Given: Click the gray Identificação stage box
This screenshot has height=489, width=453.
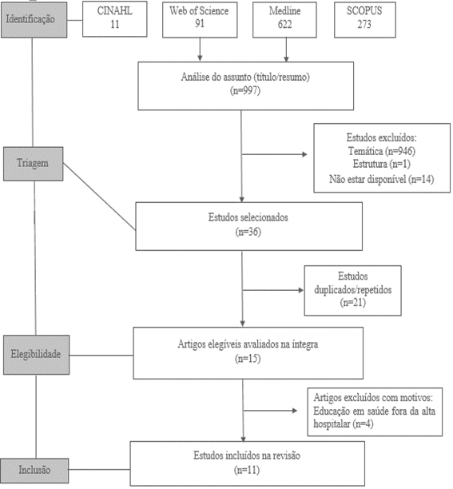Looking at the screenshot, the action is coord(34,20).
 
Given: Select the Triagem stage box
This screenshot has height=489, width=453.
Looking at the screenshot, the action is coord(33,164).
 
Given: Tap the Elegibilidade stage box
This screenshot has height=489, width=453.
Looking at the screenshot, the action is coord(36,355).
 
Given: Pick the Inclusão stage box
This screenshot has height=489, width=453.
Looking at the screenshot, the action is coord(34,471).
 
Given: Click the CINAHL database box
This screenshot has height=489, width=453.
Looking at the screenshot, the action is coord(115,19).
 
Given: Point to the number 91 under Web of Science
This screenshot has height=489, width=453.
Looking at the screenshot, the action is coord(200,24).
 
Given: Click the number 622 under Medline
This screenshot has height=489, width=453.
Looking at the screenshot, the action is coord(284,24).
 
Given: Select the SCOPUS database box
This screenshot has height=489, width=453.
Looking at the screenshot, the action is coord(365,20).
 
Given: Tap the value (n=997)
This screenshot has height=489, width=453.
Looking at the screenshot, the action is coord(245,91).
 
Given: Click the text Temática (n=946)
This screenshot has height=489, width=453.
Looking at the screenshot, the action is coord(382,151).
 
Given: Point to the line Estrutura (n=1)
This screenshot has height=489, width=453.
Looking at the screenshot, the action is coord(382,164).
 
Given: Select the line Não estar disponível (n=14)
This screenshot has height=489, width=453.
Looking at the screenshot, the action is coord(382,179).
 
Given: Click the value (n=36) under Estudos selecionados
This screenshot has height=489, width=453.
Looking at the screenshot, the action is coord(248,232).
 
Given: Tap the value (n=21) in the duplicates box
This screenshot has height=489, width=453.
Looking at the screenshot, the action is coord(352,303).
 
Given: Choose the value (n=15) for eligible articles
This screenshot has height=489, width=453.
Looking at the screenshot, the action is coord(248,359).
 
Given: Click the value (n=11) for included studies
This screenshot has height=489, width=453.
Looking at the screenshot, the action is coord(247,471).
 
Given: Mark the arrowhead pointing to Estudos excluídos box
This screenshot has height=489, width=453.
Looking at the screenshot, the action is coord(304,154).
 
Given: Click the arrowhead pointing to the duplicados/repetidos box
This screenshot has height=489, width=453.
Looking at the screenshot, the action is coord(301,290).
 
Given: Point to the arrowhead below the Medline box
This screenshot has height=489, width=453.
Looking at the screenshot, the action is coord(286,59).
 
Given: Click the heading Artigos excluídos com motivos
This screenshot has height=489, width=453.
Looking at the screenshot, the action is coord(373,398).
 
